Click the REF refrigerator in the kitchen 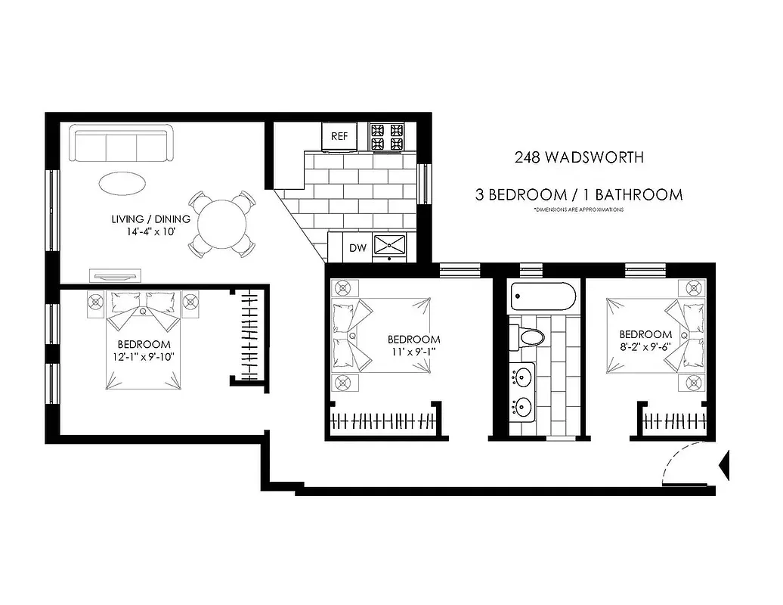tap(340, 137)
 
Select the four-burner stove tap(387, 137)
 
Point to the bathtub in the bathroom tap(543, 297)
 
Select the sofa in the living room tap(122, 144)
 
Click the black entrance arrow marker tap(726, 465)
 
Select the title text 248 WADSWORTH tap(579, 158)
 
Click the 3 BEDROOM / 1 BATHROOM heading tap(579, 194)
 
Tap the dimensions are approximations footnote tap(578, 209)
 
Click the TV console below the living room tap(114, 274)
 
